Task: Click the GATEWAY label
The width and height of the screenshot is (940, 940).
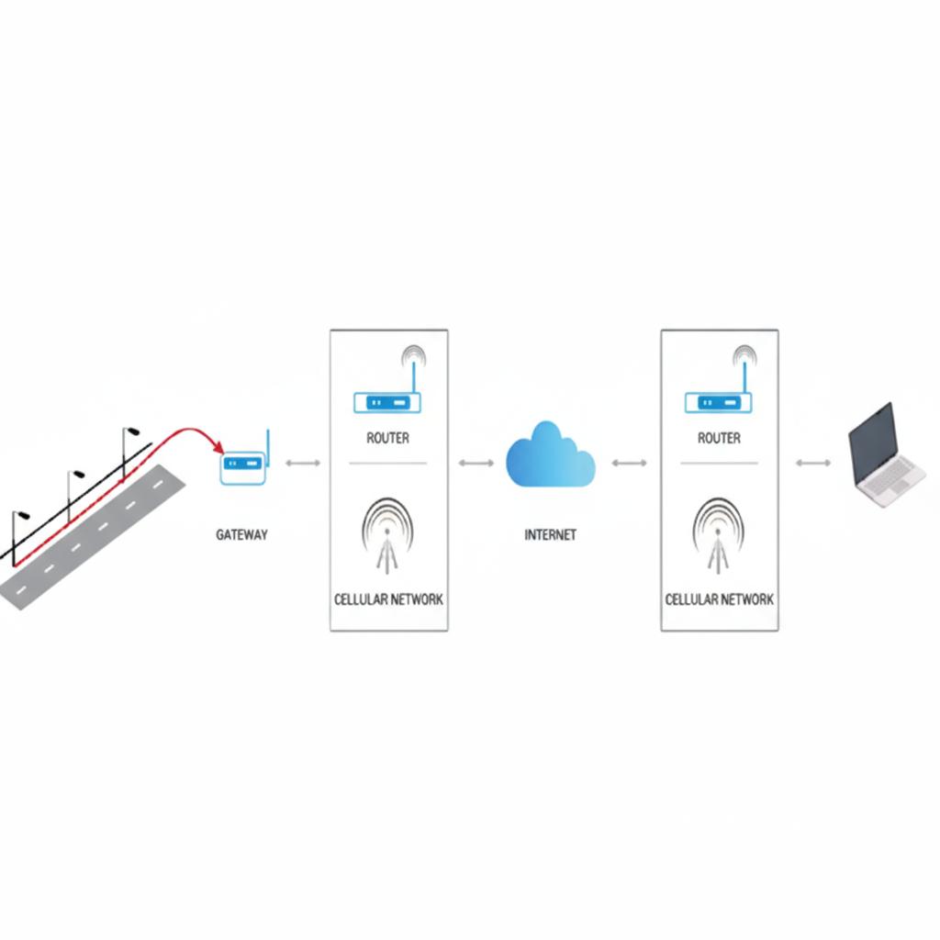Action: click(x=241, y=534)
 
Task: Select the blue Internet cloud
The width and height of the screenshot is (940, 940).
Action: click(x=550, y=455)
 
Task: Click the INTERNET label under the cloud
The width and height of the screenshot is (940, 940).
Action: click(x=550, y=534)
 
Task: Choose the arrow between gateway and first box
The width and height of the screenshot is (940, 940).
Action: click(x=303, y=463)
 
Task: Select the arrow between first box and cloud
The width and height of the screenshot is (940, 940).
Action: click(x=476, y=463)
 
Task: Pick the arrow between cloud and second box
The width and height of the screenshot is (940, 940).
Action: click(x=629, y=463)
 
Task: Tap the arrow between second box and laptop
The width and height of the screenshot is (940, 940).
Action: click(x=813, y=463)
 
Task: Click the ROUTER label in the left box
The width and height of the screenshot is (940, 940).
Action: click(x=387, y=439)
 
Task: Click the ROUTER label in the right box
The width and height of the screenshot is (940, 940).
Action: click(x=719, y=439)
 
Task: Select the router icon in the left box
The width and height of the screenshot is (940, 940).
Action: click(x=386, y=402)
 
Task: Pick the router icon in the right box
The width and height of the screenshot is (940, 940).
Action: click(x=718, y=402)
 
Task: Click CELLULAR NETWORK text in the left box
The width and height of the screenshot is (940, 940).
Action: click(x=388, y=599)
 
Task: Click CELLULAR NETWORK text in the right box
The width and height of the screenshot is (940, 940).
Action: click(x=719, y=599)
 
